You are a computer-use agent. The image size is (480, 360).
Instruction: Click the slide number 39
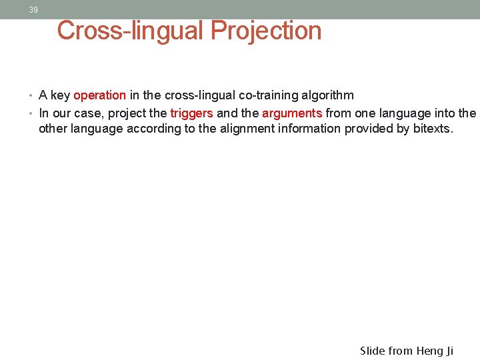(33, 10)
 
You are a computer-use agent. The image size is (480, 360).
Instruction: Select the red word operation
(99, 95)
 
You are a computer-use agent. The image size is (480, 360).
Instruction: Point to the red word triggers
(191, 113)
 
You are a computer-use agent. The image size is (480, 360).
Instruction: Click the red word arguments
(292, 113)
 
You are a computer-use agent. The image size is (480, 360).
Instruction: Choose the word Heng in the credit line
(433, 351)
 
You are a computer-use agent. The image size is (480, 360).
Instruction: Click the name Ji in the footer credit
(463, 351)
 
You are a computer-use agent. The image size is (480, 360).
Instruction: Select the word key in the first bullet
(60, 95)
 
